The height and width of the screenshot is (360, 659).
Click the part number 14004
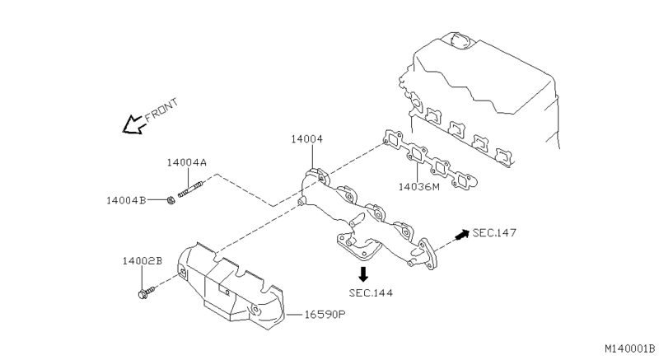point(306,139)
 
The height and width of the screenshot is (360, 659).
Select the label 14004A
point(186,163)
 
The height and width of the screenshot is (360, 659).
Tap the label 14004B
point(126,199)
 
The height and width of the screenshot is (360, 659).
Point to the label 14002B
point(143,261)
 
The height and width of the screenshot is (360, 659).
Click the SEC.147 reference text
point(494,233)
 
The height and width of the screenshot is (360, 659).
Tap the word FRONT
point(161,111)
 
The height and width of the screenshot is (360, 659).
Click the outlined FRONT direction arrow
point(130,124)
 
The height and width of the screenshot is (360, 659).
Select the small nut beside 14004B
point(169,199)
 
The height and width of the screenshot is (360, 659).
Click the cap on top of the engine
point(456,38)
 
